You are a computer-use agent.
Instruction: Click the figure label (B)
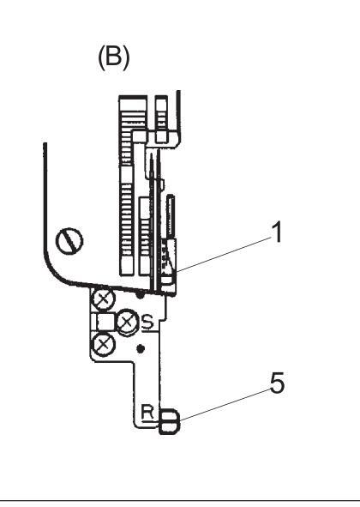point(114,57)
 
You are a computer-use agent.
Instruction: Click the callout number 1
point(277,232)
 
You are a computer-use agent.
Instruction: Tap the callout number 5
point(277,383)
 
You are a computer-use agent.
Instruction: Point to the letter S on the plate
point(147,322)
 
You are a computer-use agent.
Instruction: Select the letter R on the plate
point(147,412)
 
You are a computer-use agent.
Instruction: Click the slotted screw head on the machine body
point(69,241)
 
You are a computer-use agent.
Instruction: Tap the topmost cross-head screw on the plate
point(104,299)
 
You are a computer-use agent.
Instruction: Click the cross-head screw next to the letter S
point(128,322)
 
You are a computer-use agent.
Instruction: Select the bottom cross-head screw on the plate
point(104,345)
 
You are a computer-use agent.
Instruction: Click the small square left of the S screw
point(105,322)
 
